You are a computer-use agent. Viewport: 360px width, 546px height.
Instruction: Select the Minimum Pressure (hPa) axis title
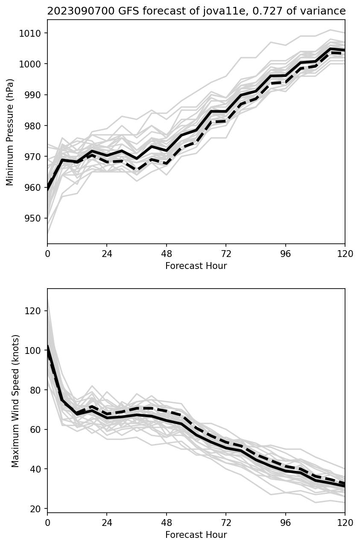(10, 132)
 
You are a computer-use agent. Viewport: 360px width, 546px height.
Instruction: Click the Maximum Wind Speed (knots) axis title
(15, 400)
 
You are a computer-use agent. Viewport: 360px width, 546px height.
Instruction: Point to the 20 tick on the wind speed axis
(36, 509)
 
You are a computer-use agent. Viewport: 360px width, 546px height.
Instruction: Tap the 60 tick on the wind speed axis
(36, 429)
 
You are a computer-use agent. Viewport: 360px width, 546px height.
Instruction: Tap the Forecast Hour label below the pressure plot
(196, 266)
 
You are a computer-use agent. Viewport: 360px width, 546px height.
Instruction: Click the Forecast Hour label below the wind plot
(196, 534)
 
